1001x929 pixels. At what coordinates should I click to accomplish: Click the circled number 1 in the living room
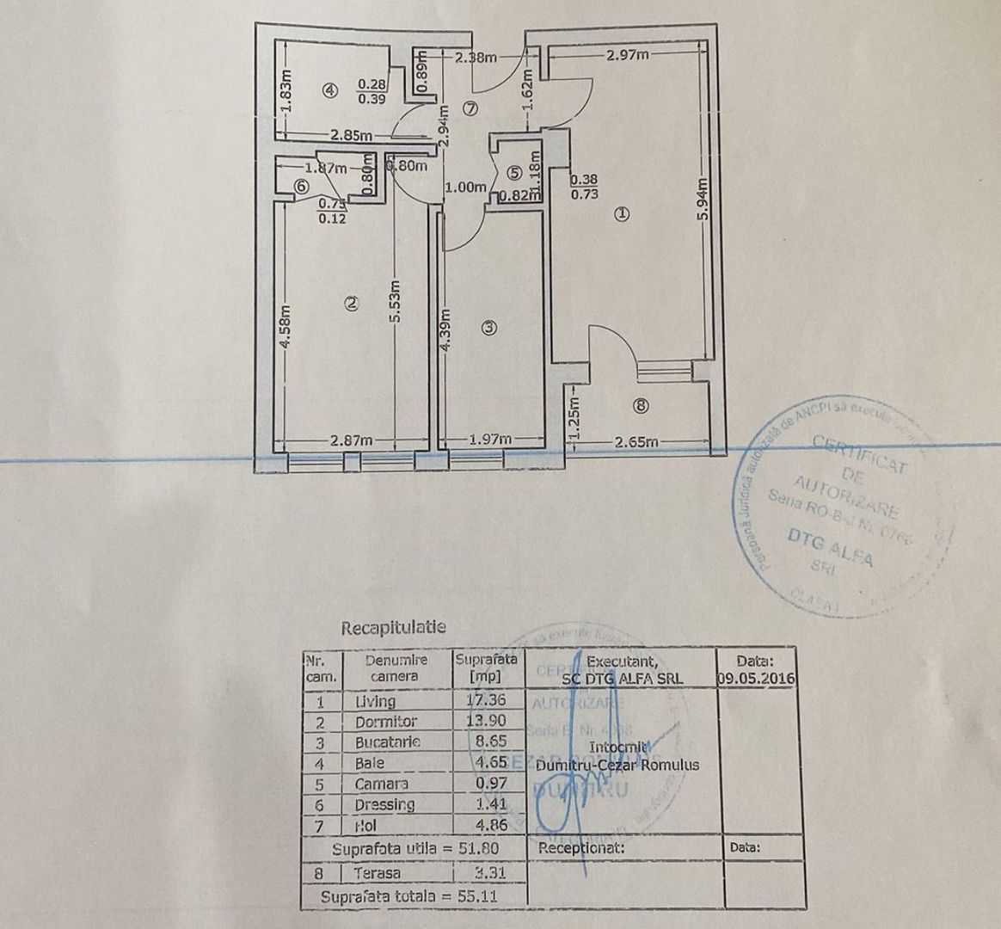622,214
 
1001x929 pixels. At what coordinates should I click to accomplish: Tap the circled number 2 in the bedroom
350,302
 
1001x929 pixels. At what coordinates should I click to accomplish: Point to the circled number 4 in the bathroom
329,88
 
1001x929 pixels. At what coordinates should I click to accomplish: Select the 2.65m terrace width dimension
637,442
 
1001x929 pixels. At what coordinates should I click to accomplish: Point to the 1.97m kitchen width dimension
491,440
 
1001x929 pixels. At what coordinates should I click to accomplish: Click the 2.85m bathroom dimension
351,135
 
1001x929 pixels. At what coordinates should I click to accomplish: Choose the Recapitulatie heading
394,628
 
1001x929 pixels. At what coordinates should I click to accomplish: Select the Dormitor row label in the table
386,722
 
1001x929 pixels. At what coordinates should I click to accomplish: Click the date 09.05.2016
756,677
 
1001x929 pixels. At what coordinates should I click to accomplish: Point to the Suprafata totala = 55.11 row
409,896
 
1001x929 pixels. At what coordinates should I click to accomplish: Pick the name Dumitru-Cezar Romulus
617,765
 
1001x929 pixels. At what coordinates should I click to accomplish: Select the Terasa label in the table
376,872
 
